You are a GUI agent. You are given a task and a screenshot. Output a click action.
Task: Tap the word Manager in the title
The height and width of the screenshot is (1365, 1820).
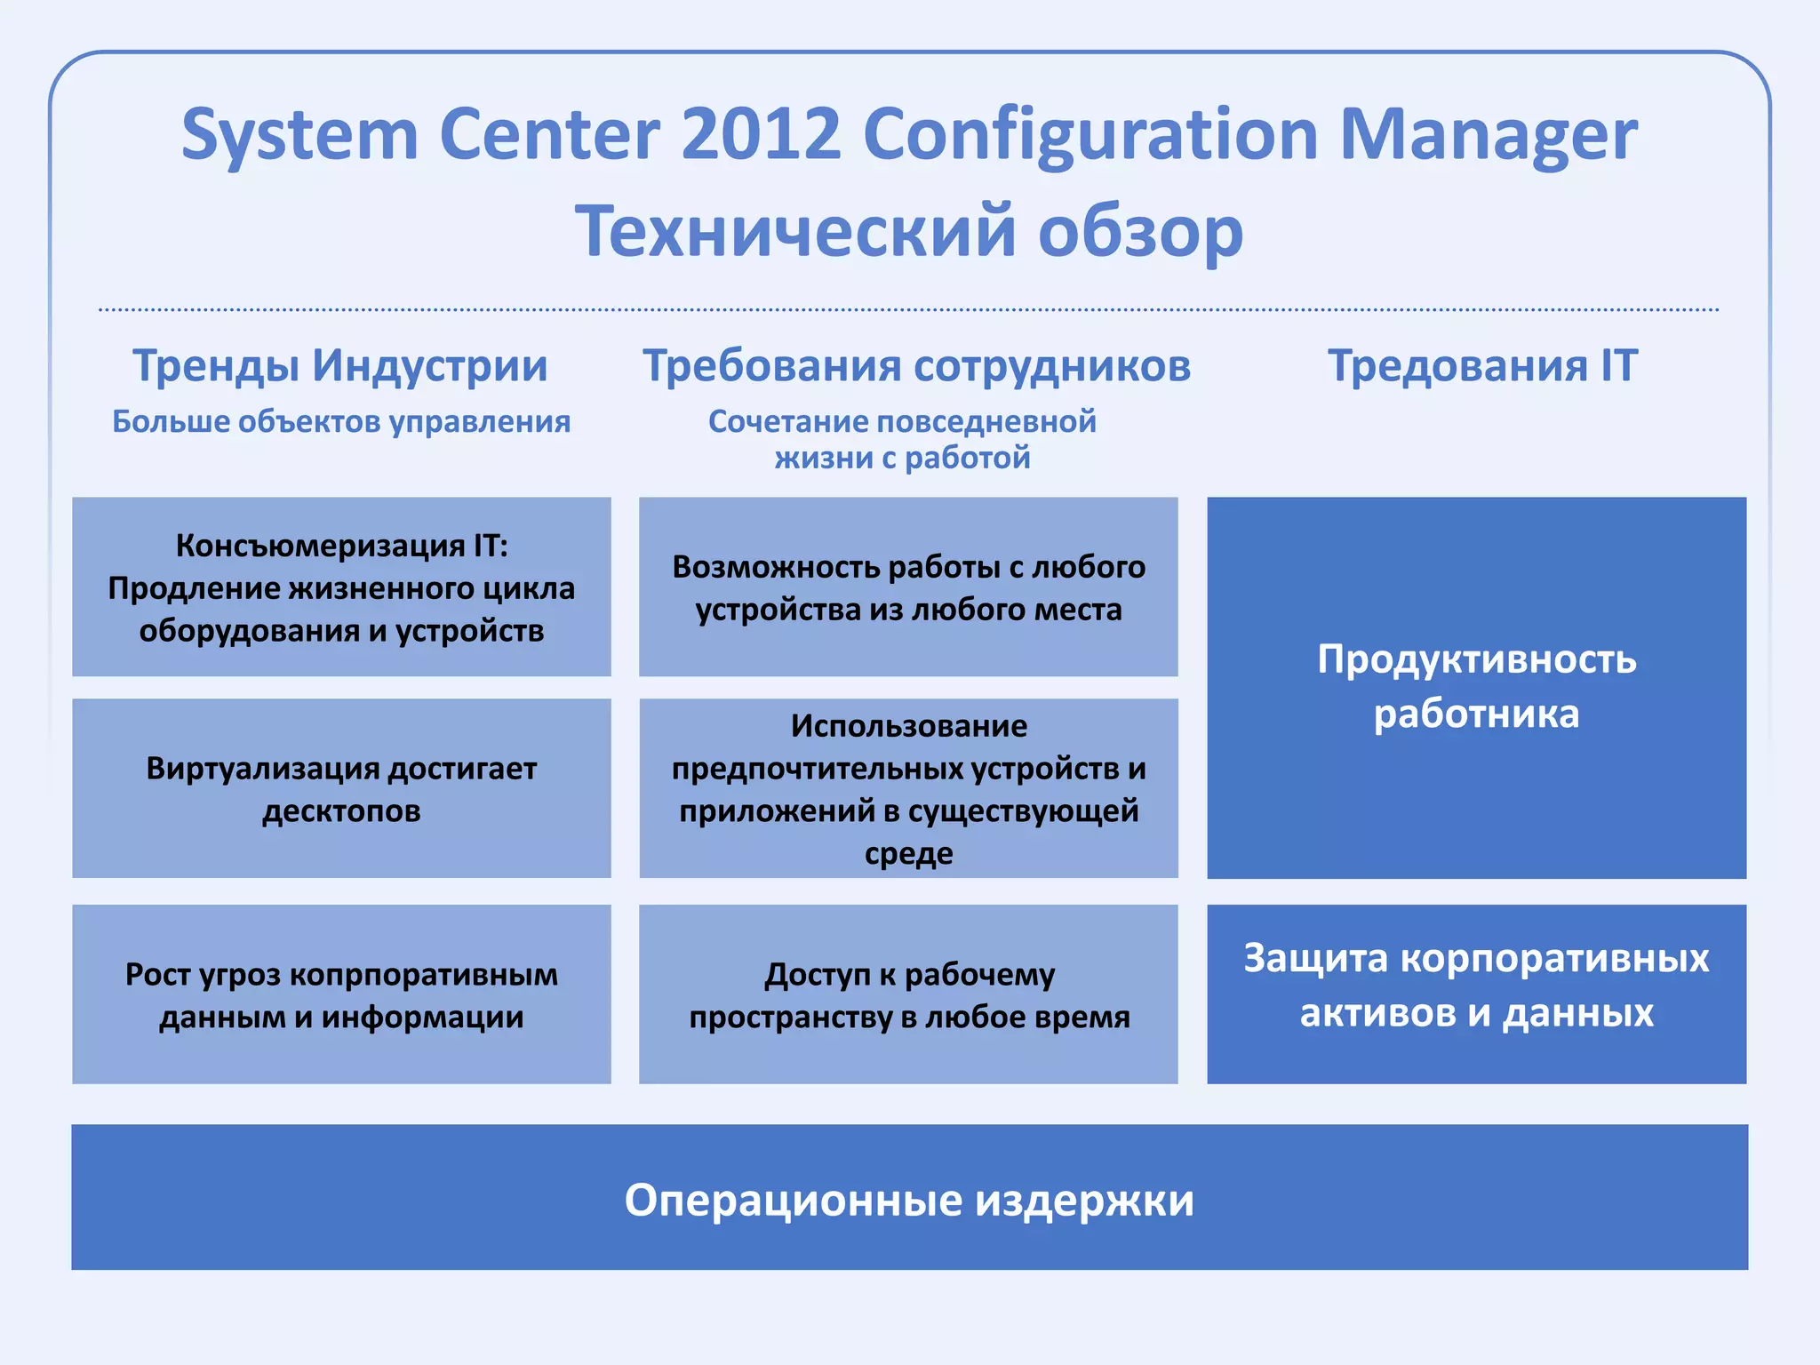click(1487, 135)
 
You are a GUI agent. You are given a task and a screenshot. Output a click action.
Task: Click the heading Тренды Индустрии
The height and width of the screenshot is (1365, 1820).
click(340, 365)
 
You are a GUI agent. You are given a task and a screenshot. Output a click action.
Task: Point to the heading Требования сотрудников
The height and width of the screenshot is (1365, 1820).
click(916, 365)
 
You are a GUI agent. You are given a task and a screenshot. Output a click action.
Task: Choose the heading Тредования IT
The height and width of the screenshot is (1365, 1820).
click(1481, 365)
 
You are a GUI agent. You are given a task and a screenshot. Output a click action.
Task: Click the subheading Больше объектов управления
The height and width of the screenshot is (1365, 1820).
click(341, 421)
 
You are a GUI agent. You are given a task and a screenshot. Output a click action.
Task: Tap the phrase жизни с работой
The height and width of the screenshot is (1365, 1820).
click(902, 459)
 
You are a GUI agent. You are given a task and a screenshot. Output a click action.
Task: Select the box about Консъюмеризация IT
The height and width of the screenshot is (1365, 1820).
click(341, 587)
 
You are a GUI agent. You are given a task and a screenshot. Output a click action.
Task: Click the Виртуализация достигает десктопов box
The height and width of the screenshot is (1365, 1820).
click(341, 788)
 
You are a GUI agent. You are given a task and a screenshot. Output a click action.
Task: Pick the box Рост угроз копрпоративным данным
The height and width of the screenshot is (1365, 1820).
click(341, 994)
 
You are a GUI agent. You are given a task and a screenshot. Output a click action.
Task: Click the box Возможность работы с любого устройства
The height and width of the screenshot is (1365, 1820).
click(908, 587)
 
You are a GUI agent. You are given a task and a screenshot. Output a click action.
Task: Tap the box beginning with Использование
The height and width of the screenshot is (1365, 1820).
click(908, 788)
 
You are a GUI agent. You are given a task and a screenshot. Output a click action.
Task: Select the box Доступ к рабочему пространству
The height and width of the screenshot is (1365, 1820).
click(908, 994)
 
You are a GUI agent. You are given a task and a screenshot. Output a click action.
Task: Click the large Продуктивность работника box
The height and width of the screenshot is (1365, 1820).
click(1476, 687)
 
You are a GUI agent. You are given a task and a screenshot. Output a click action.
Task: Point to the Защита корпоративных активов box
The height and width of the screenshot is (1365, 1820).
click(1476, 994)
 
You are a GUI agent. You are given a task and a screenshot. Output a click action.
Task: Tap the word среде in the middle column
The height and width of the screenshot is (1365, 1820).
click(908, 854)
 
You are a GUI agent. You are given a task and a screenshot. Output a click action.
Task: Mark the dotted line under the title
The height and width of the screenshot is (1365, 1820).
click(908, 309)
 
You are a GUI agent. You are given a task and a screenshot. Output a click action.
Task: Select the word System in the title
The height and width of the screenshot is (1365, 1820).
click(299, 135)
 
